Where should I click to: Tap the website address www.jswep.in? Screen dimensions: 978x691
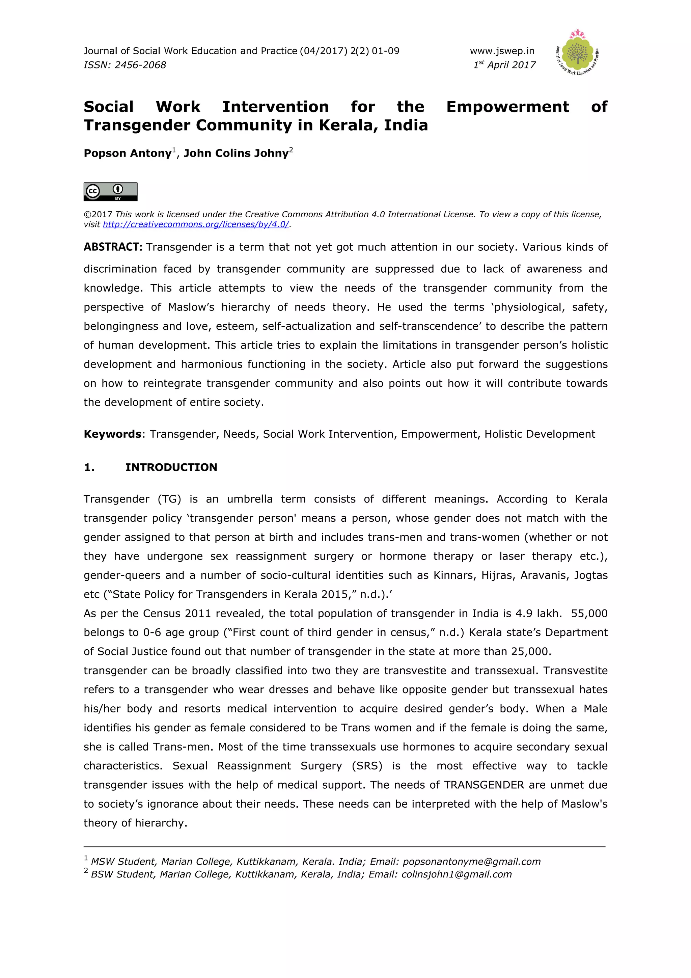502,51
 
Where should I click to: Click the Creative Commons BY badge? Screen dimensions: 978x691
110,192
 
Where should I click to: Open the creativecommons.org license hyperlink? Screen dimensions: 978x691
196,224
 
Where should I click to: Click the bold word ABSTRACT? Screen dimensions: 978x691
112,247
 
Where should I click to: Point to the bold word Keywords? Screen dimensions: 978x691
112,434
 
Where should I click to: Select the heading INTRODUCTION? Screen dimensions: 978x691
171,467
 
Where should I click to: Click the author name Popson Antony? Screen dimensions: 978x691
127,153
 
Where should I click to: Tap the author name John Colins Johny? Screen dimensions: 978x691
236,153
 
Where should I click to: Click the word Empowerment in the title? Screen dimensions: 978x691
507,107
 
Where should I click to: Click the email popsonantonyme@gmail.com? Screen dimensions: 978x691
471,862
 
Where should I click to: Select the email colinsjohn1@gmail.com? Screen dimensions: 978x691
457,874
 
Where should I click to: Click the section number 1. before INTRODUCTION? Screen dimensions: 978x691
89,467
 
